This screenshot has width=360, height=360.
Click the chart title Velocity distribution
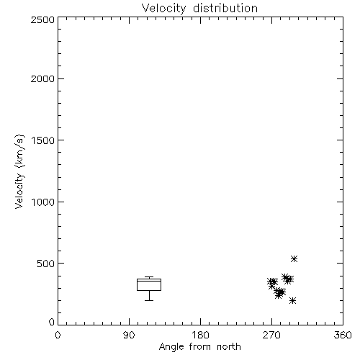(199, 8)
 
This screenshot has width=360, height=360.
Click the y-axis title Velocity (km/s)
(19, 171)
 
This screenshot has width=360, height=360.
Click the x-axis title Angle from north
(199, 347)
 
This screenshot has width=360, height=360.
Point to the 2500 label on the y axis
(42, 19)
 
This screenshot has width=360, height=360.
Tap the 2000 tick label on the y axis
(42, 78)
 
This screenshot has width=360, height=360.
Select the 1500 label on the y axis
(43, 140)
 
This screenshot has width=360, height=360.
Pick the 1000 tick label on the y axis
(43, 202)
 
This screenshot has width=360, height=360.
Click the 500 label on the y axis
(45, 264)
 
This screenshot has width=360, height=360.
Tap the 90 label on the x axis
(129, 335)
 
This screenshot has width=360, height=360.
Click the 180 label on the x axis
(200, 335)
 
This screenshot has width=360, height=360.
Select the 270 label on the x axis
(271, 335)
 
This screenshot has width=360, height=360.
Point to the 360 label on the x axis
(343, 335)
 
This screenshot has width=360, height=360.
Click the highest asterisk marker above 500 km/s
(294, 258)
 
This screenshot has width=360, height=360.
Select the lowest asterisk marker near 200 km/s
(292, 300)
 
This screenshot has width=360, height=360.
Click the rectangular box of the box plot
(137, 284)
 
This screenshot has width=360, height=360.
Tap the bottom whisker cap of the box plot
(149, 300)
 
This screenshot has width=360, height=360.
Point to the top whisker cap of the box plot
(149, 277)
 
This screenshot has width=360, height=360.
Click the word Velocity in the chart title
(163, 9)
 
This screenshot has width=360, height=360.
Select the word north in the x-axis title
(229, 347)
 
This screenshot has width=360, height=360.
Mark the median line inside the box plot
(149, 281)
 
